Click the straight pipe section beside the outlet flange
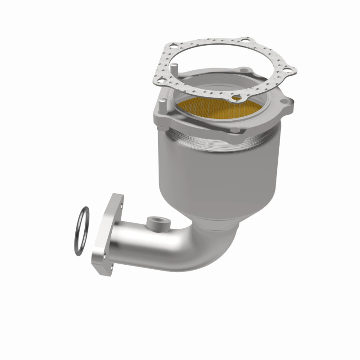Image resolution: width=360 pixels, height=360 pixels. pyautogui.click(x=141, y=239)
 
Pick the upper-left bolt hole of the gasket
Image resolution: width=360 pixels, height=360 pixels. pyautogui.click(x=173, y=47)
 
